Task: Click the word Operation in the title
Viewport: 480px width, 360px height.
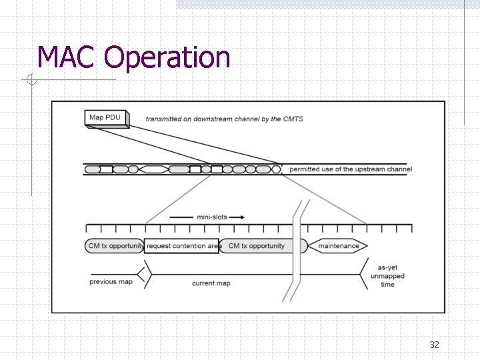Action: point(167,58)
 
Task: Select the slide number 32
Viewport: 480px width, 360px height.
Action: point(434,345)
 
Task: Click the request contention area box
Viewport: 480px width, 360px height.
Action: point(181,246)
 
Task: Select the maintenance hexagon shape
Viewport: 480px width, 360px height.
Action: point(338,246)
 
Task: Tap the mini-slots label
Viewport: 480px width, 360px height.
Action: point(212,217)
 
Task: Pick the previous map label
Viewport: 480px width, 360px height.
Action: point(111,281)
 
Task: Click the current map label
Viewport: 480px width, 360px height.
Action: point(211,283)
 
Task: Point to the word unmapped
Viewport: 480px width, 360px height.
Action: point(387,276)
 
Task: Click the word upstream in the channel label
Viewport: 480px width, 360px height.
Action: point(359,169)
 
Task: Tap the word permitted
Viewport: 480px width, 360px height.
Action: point(305,169)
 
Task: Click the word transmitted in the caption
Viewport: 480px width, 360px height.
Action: point(164,119)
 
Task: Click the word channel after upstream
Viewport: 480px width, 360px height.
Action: point(397,169)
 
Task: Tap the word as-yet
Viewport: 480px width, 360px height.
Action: point(387,268)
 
